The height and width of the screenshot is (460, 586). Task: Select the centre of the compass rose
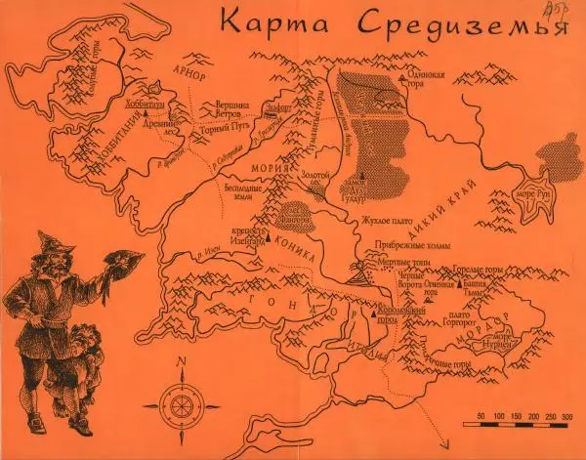(x=180, y=402)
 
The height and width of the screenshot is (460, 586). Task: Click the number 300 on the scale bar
(x=566, y=417)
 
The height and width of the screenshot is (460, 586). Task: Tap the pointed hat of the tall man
(x=52, y=240)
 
